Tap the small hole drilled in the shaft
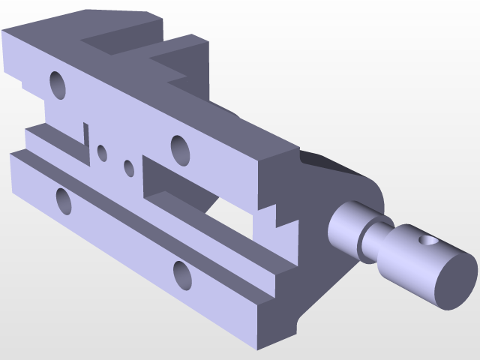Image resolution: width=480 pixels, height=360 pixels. [x=427, y=241]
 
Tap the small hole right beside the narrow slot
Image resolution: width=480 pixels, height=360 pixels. [x=102, y=154]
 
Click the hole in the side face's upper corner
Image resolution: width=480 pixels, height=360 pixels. [x=58, y=85]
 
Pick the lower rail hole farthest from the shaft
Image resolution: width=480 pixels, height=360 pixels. [x=64, y=200]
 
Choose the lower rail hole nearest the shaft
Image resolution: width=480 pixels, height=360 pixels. [x=182, y=274]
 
